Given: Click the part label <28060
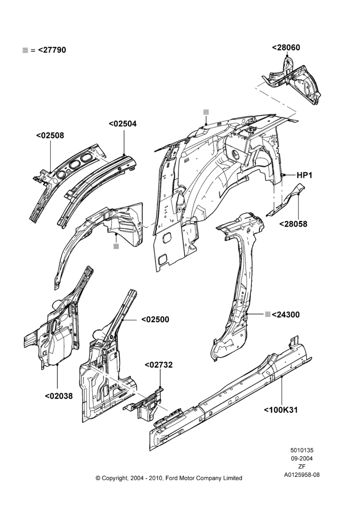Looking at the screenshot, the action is (286, 48).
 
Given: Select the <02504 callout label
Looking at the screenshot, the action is (123, 124).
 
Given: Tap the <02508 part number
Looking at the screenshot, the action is (50, 136).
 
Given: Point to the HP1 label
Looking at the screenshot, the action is (304, 175).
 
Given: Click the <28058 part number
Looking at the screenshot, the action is (293, 224).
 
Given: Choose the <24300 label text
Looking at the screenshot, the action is (286, 314).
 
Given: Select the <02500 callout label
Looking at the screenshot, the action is (155, 320).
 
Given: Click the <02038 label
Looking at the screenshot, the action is (58, 396).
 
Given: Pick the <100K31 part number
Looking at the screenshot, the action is (281, 410).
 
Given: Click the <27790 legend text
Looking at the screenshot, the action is (52, 50).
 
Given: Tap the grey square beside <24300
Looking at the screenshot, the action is (267, 314).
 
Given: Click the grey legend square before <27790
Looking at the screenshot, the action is (25, 50).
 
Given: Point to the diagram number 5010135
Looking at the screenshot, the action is (302, 450).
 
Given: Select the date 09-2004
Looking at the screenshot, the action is (302, 458).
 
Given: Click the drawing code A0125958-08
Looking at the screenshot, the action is (302, 475).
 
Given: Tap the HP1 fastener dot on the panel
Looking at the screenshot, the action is (283, 175).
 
